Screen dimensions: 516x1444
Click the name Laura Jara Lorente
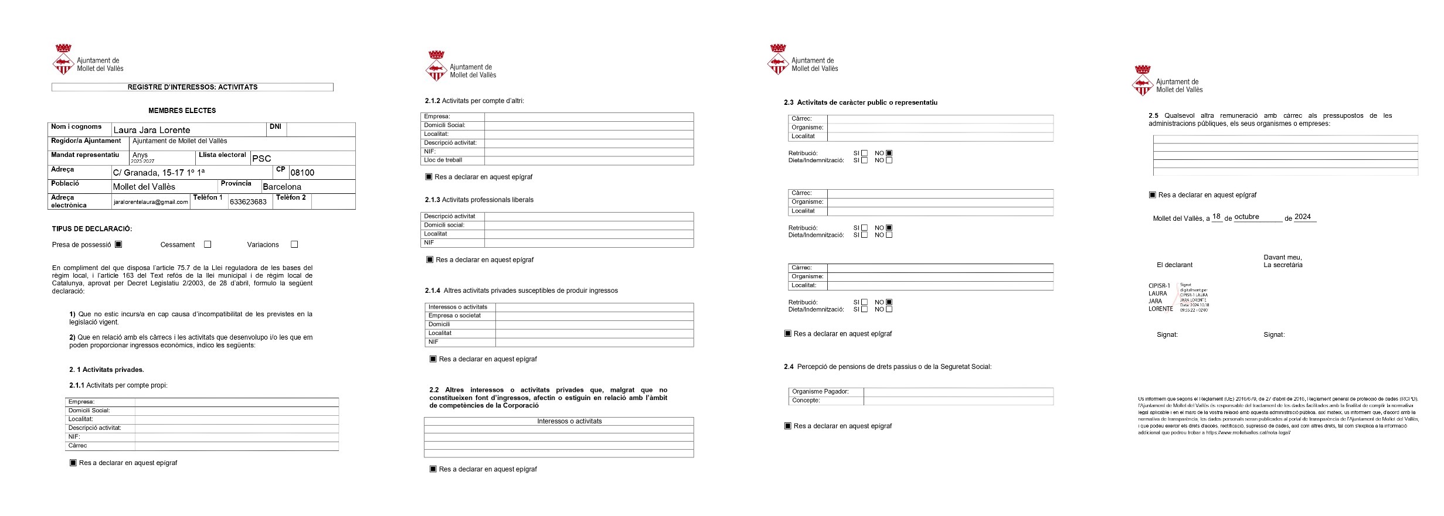tap(152, 130)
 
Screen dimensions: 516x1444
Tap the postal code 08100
tap(303, 173)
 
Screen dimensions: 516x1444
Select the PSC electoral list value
tap(261, 159)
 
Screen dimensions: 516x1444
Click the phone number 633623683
tap(248, 202)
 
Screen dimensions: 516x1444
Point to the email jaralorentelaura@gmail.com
tap(151, 202)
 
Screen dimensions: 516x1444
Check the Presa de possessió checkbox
tap(118, 244)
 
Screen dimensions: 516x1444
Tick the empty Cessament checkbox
tap(208, 244)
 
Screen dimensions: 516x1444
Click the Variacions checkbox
tap(294, 244)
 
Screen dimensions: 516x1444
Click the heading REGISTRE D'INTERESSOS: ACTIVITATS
tap(192, 87)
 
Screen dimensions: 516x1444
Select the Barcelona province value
tap(282, 187)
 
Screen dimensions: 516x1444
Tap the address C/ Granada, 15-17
tap(159, 173)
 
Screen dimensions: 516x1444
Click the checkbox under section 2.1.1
tap(73, 463)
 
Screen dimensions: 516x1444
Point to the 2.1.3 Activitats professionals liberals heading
tap(479, 200)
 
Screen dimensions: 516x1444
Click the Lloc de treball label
tap(443, 160)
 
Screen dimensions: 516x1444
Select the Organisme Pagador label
tap(820, 391)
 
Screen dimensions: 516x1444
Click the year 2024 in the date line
tap(1303, 217)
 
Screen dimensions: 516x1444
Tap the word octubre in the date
tap(1246, 217)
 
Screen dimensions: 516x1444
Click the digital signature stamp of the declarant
tap(1178, 298)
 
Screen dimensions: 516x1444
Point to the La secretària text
tap(1283, 265)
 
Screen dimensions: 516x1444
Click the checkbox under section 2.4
tap(788, 426)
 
